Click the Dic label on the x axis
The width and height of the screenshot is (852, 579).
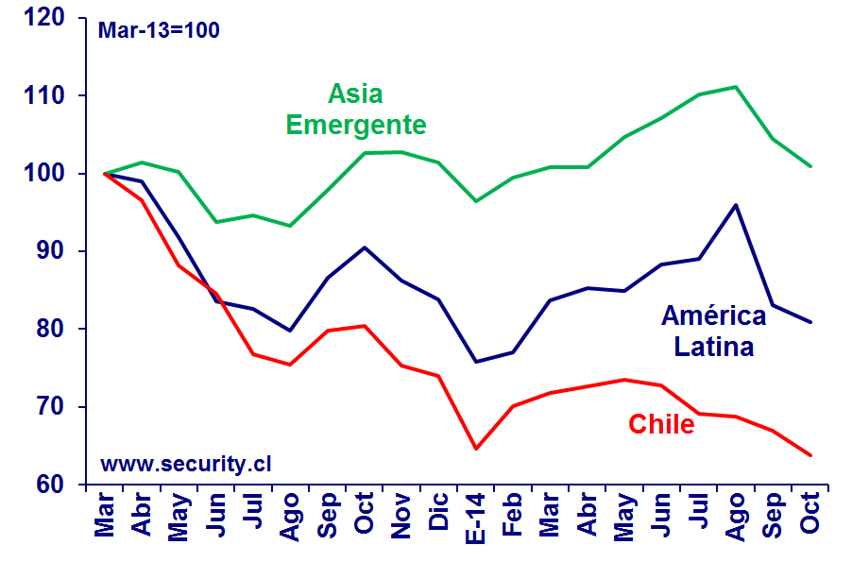(x=438, y=514)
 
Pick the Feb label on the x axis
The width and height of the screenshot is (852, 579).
(x=512, y=516)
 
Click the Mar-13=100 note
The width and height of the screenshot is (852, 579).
(x=159, y=30)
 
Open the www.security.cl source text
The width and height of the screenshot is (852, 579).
(x=185, y=464)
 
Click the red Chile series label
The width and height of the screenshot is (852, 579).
(x=661, y=425)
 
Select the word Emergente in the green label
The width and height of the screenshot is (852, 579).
(x=356, y=125)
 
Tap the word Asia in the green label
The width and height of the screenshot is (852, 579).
(x=355, y=94)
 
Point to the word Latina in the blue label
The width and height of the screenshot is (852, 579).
(x=714, y=348)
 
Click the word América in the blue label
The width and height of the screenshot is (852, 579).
(x=714, y=316)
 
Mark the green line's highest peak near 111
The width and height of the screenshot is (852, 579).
(x=735, y=87)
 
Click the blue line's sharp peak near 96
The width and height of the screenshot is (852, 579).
(x=735, y=204)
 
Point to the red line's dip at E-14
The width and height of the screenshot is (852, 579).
(x=475, y=449)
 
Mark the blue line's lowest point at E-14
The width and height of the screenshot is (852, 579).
(x=475, y=362)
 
